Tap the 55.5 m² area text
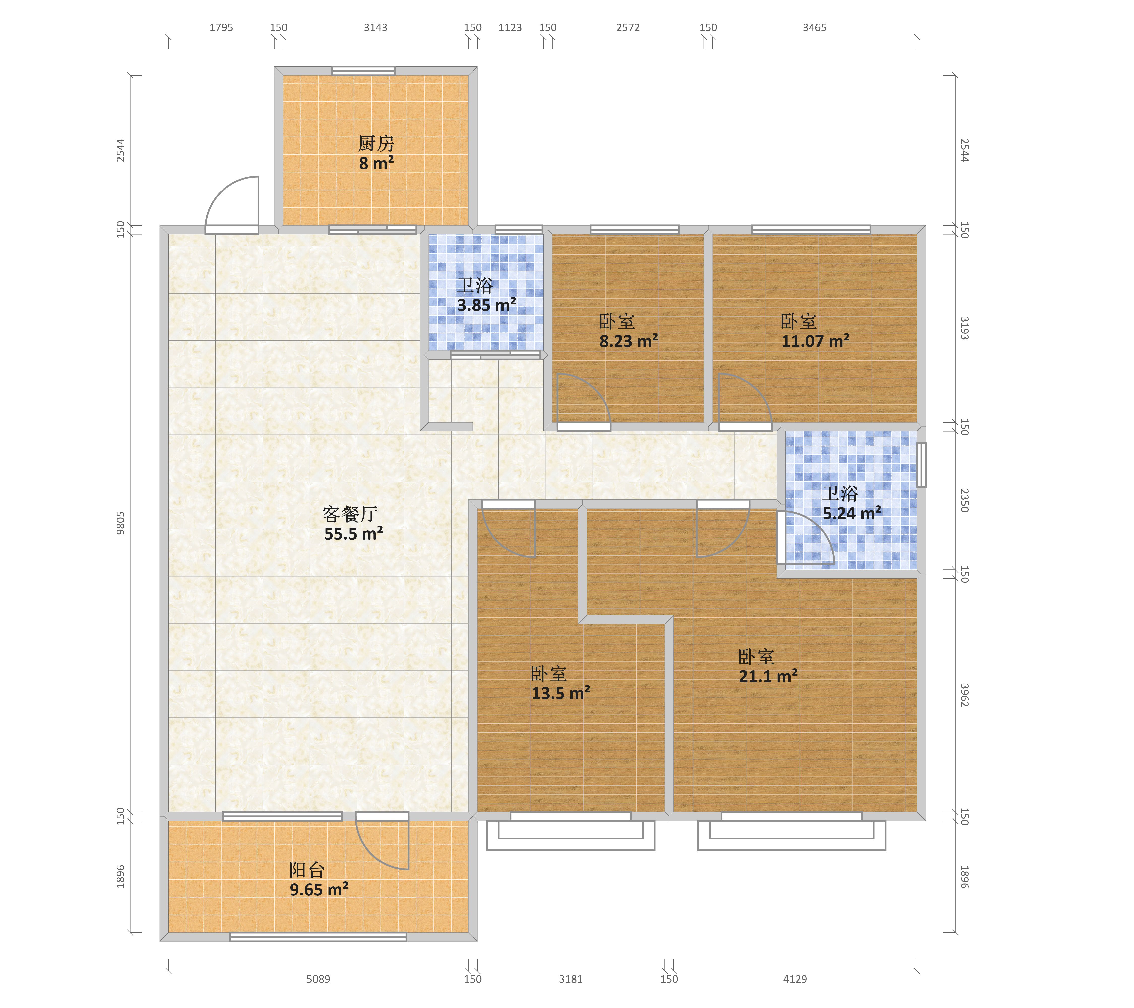(x=353, y=534)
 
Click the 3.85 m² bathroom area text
(x=487, y=305)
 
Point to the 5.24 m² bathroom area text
(x=852, y=513)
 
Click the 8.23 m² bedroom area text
(x=628, y=341)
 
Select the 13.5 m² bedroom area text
(x=561, y=693)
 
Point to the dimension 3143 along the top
(x=375, y=28)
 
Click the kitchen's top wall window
(x=363, y=71)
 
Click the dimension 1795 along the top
(x=221, y=28)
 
